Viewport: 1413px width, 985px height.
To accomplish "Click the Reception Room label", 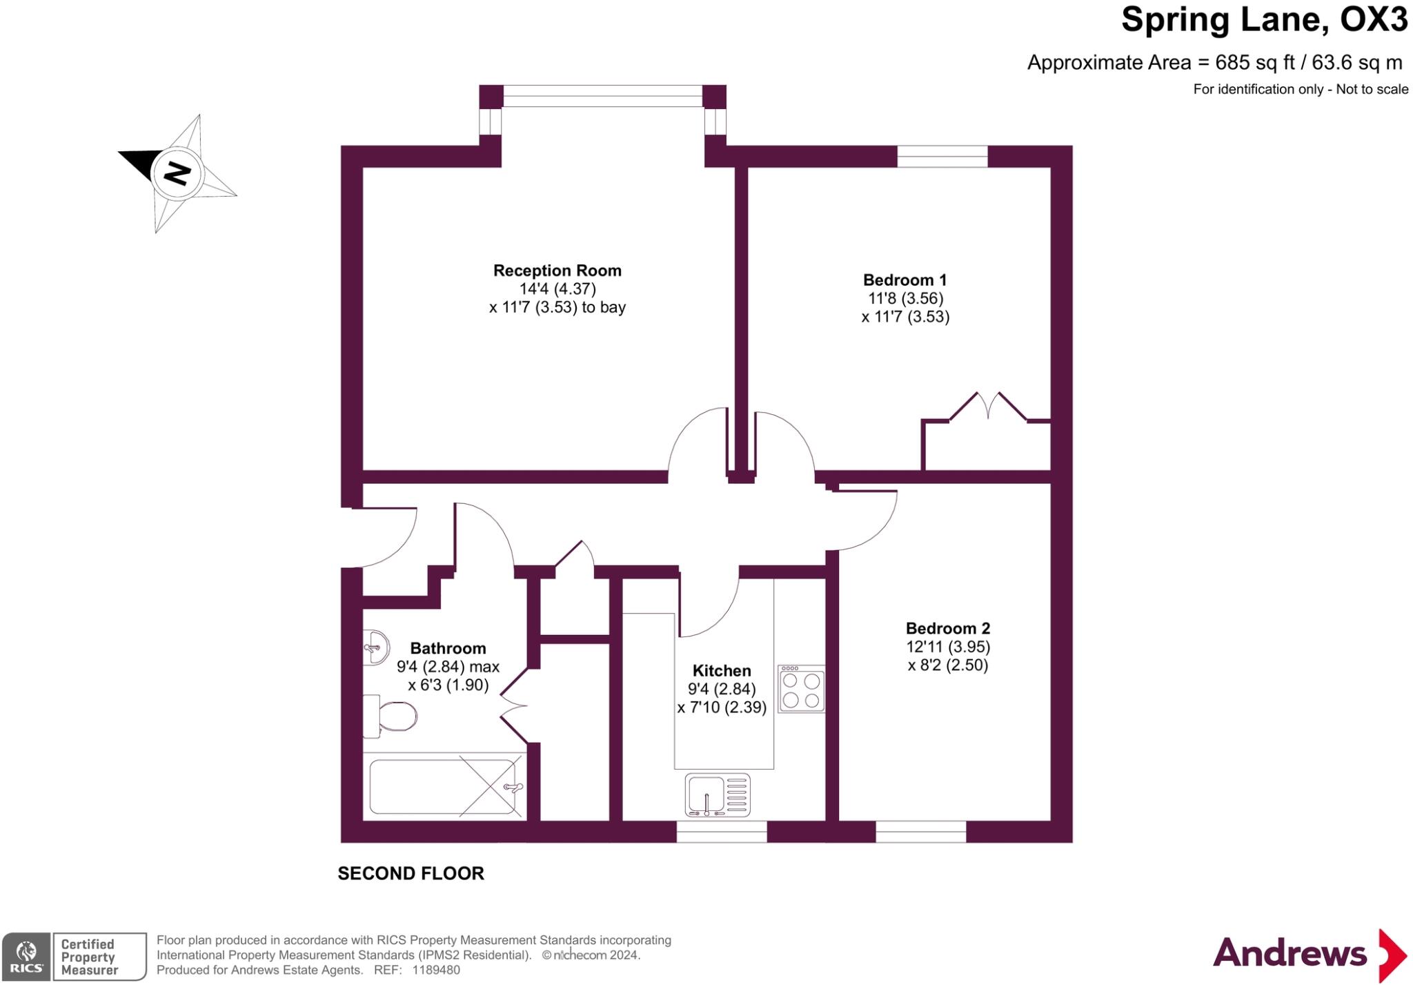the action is click(x=557, y=271).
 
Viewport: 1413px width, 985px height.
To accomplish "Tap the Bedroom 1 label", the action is click(x=905, y=280).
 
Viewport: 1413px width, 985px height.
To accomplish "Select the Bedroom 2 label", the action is click(x=947, y=628).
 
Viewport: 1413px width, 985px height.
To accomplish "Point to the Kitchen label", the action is click(x=722, y=670).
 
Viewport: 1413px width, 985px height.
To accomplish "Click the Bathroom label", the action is click(x=448, y=648).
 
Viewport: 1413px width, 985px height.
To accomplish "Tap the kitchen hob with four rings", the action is click(x=801, y=688).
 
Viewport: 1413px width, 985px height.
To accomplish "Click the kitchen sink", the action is click(x=718, y=795).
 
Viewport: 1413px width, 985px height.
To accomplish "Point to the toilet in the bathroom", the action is click(x=390, y=716).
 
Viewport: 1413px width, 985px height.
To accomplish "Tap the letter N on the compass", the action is click(x=177, y=173).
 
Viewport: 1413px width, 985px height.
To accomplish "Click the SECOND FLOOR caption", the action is click(x=411, y=873).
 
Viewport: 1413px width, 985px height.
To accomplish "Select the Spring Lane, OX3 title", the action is click(x=1264, y=19).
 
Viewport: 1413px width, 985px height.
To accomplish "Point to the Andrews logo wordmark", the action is click(x=1290, y=953).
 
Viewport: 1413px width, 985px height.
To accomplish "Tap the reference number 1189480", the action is click(x=436, y=970).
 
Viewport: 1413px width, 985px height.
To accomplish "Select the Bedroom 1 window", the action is click(x=942, y=157).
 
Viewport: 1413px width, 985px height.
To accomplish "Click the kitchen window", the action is click(x=722, y=832).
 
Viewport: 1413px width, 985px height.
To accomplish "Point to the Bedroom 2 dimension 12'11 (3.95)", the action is click(x=947, y=647).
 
